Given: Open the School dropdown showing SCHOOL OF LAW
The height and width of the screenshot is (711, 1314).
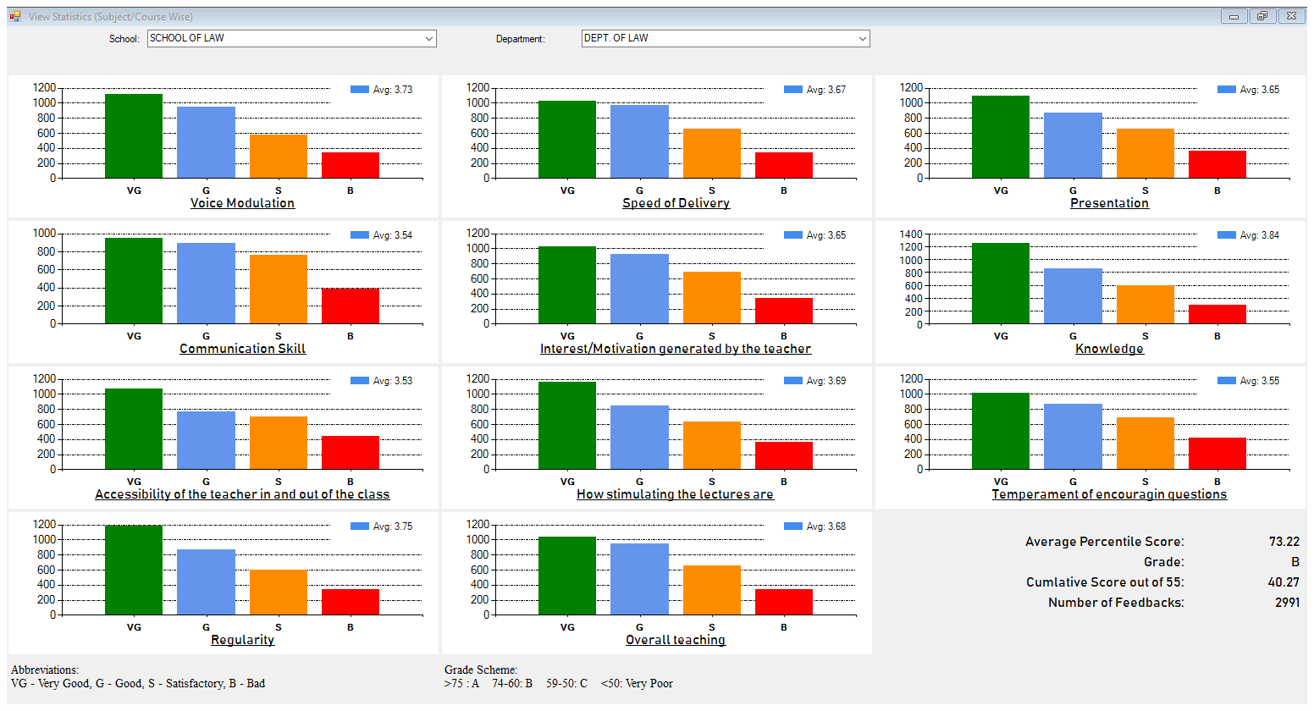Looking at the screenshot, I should pyautogui.click(x=291, y=38).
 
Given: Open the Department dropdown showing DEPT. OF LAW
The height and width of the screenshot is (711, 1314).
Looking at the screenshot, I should pyautogui.click(x=725, y=38).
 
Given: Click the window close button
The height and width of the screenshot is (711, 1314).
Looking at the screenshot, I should pyautogui.click(x=1291, y=16).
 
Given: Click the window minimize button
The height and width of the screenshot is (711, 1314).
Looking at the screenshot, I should pyautogui.click(x=1234, y=16).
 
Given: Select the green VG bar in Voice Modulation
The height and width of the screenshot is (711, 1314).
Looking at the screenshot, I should pyautogui.click(x=134, y=135).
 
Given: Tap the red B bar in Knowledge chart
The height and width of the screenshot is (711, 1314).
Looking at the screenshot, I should pyautogui.click(x=1217, y=314).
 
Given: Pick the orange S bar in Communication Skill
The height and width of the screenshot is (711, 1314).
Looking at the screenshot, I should pyautogui.click(x=279, y=289).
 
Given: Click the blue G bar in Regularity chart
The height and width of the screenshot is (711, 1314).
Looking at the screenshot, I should pyautogui.click(x=206, y=581).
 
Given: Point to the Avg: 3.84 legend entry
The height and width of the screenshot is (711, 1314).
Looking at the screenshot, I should pyautogui.click(x=1249, y=235).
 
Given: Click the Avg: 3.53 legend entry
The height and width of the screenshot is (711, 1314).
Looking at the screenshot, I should pyautogui.click(x=382, y=381).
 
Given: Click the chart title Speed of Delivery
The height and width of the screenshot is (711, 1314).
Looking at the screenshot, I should pyautogui.click(x=676, y=203).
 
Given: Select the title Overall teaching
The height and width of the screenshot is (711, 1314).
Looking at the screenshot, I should pyautogui.click(x=676, y=640).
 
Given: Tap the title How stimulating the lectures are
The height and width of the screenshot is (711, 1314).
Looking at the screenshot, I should pyautogui.click(x=675, y=494).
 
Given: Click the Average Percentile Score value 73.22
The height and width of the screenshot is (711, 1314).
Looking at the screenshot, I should pyautogui.click(x=1284, y=542).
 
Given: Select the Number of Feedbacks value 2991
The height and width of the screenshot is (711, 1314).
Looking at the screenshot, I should pyautogui.click(x=1286, y=603).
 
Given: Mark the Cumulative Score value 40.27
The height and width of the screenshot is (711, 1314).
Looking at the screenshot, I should pyautogui.click(x=1284, y=582).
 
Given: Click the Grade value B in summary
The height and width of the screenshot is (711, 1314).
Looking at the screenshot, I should pyautogui.click(x=1295, y=562).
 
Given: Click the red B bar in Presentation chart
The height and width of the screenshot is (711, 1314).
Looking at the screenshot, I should pyautogui.click(x=1217, y=164).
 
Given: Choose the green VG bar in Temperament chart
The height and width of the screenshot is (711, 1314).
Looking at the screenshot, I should pyautogui.click(x=1001, y=431).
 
